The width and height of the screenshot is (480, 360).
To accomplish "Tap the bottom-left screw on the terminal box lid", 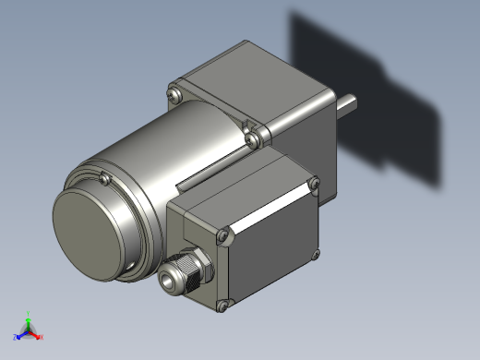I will click(x=222, y=305).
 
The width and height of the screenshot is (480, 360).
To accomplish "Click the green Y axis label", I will click(x=29, y=314).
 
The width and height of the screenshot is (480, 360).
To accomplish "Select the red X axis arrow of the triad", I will click(x=38, y=335).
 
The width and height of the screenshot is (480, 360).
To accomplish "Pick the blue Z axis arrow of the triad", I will click(x=18, y=333).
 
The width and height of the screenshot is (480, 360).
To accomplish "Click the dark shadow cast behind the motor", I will click(x=388, y=92).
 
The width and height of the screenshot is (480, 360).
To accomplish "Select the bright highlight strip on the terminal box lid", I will click(x=268, y=205).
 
